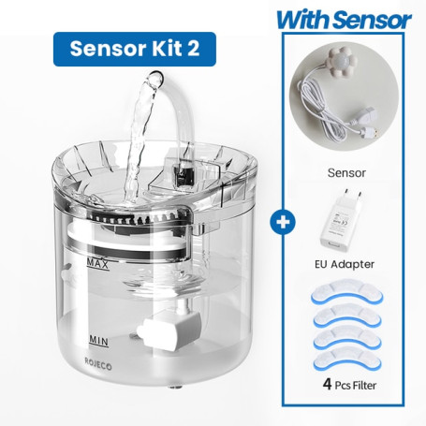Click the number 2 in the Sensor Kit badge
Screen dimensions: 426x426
tap(194, 49)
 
